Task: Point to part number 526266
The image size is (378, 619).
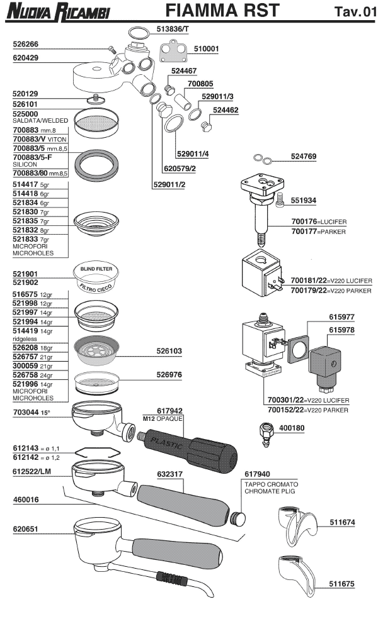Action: tap(26, 45)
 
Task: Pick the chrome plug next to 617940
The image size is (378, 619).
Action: tap(238, 517)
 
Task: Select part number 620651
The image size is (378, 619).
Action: tap(26, 530)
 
